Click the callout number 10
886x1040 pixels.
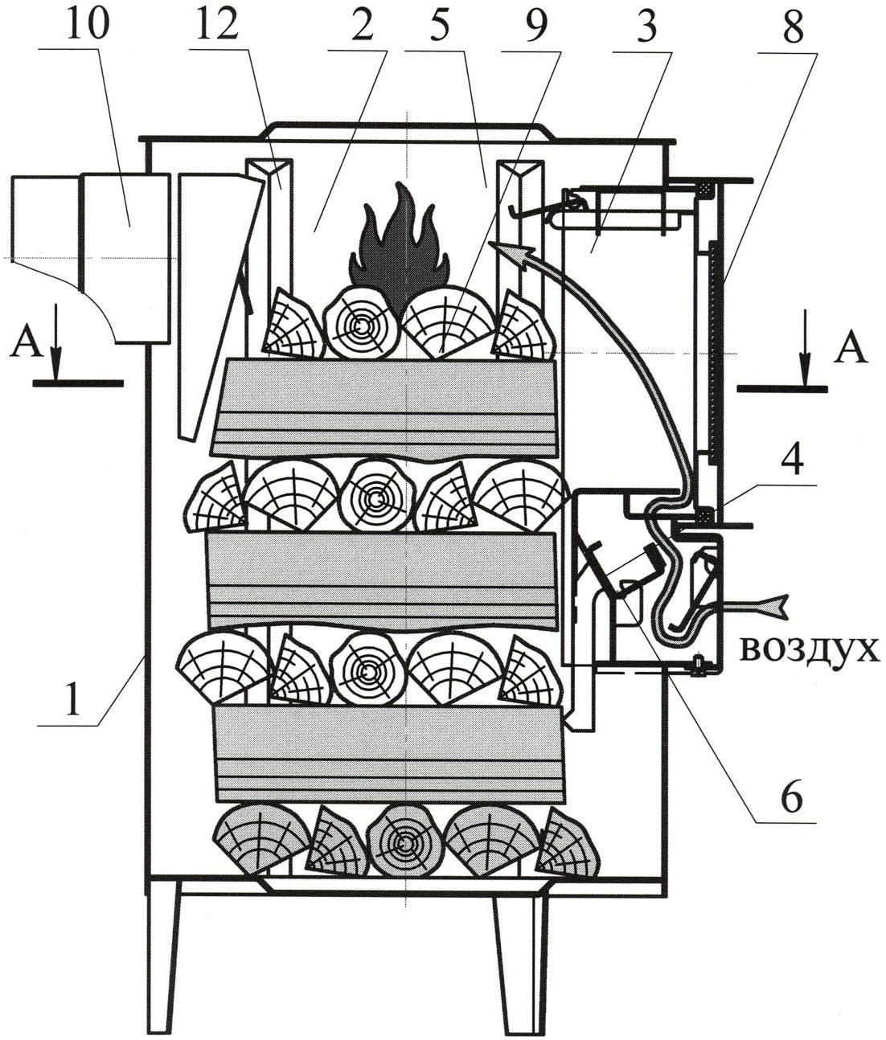[x=87, y=23]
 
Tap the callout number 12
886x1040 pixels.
[x=217, y=23]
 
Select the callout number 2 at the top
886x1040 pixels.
[x=362, y=23]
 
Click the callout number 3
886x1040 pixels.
[x=646, y=23]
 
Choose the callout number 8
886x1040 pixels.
[x=793, y=23]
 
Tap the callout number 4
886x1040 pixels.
[x=794, y=457]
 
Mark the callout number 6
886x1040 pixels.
[x=790, y=794]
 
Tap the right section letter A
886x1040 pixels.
[x=851, y=348]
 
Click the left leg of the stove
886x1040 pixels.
[x=162, y=962]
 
